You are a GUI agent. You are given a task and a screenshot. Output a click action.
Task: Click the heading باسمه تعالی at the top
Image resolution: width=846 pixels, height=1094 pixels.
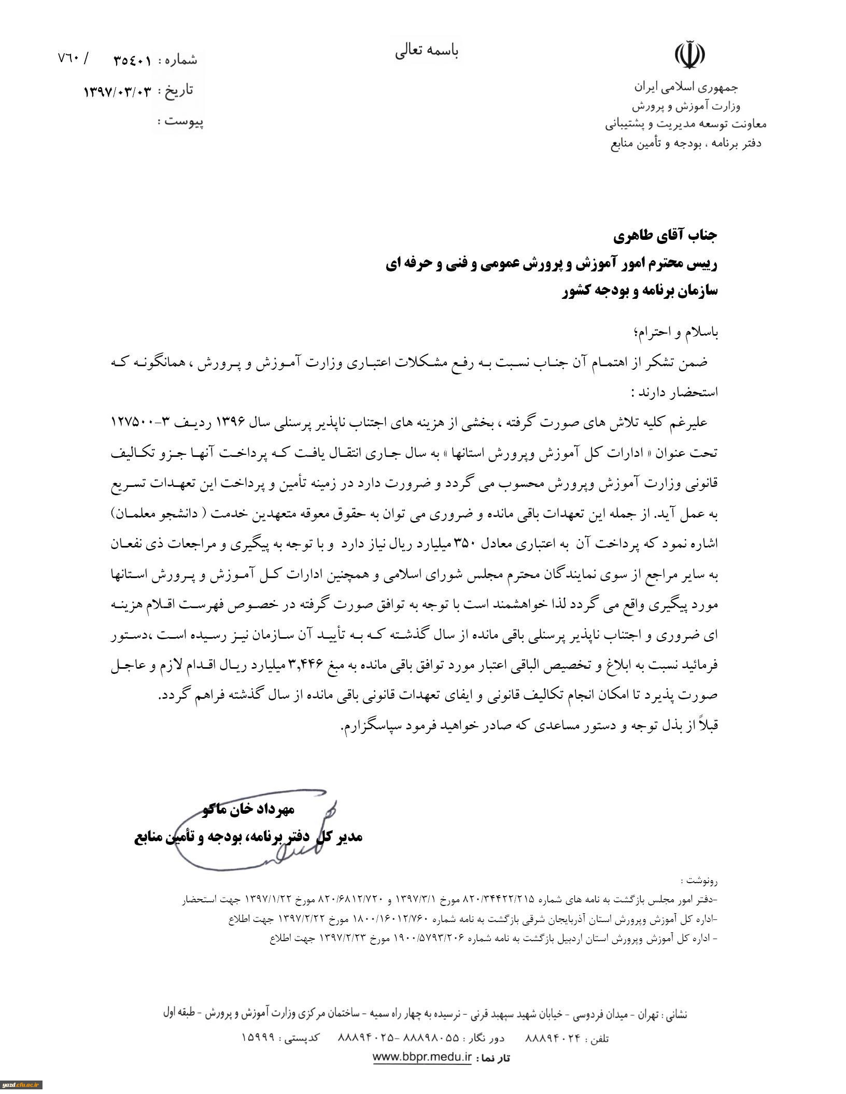click(427, 51)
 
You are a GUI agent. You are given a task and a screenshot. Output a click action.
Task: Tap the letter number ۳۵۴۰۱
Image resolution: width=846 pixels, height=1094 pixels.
click(132, 61)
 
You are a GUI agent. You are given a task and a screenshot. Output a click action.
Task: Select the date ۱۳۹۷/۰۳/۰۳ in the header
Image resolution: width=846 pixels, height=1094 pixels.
click(118, 92)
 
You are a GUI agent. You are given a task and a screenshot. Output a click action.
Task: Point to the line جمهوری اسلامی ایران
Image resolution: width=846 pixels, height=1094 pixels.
click(685, 87)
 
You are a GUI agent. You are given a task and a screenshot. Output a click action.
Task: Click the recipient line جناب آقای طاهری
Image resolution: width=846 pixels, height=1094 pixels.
click(665, 237)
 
